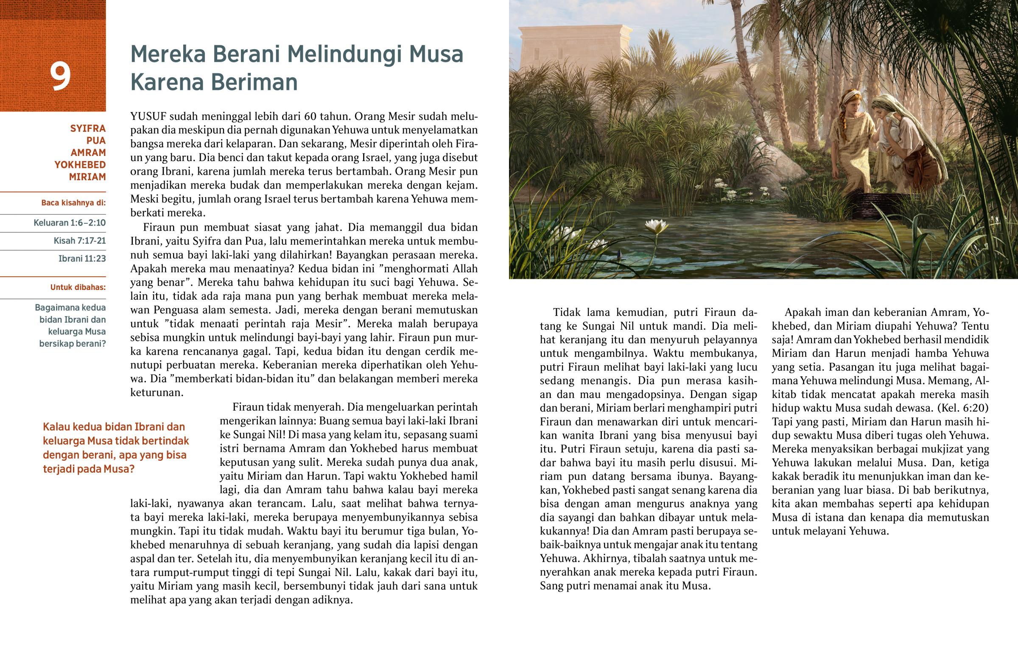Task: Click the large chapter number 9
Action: click(60, 77)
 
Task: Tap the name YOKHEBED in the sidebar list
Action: click(80, 165)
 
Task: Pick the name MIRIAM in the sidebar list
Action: click(87, 177)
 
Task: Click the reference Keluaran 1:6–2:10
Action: click(70, 223)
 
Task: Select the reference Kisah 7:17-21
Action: click(79, 241)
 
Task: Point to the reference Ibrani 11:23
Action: click(82, 259)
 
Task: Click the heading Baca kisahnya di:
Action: click(73, 203)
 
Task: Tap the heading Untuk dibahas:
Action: click(78, 287)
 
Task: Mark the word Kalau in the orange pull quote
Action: click(57, 427)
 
